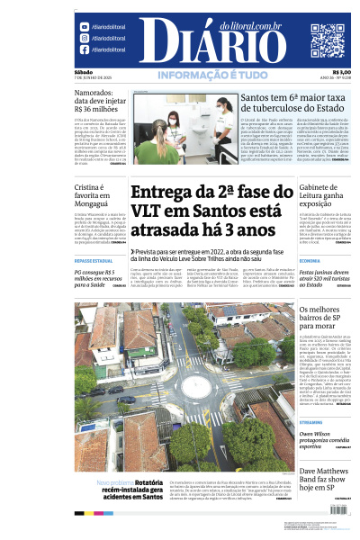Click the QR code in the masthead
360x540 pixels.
[x=327, y=40]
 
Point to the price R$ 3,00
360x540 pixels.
[x=341, y=73]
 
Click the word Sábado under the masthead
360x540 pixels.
[x=84, y=73]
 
